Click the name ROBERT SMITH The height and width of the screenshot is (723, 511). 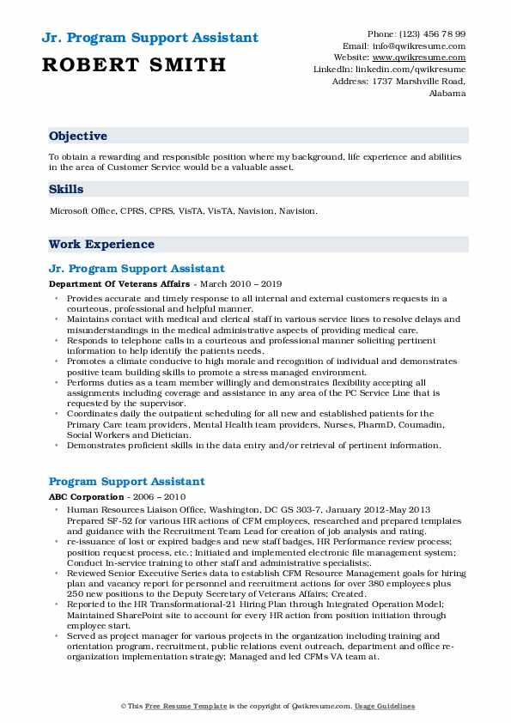(x=132, y=64)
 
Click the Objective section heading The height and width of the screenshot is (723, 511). (x=78, y=137)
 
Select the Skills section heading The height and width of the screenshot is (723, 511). (x=66, y=189)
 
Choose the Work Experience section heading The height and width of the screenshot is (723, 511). (x=101, y=244)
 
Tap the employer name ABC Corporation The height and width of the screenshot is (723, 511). (x=84, y=496)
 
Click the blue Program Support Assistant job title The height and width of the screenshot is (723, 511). (x=127, y=482)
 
